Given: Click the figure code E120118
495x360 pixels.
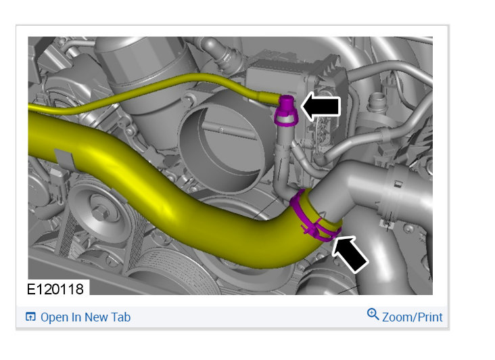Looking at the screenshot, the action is (55, 289).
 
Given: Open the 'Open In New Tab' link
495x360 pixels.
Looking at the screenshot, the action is (86, 317).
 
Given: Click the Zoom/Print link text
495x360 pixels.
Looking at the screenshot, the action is (412, 317).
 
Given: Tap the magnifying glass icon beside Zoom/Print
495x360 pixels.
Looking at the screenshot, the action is (373, 315).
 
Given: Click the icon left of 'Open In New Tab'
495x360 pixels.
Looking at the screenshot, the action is (30, 317).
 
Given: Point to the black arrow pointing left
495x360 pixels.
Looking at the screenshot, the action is (321, 106).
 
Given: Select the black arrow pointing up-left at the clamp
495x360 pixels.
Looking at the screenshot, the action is (349, 253).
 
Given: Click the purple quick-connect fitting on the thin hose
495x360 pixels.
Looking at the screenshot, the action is (286, 110).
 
